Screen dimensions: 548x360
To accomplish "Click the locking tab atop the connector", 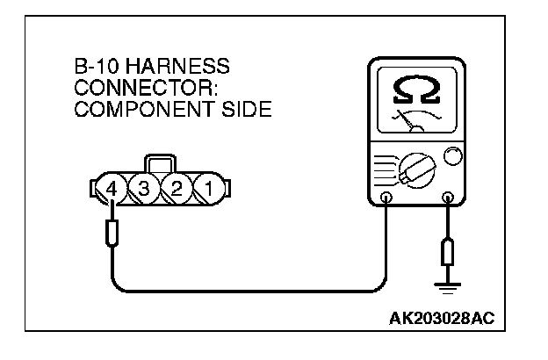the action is (x=159, y=164).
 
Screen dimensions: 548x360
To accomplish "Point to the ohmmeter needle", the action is (x=411, y=120).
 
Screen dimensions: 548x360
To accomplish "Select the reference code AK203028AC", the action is (x=447, y=315).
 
